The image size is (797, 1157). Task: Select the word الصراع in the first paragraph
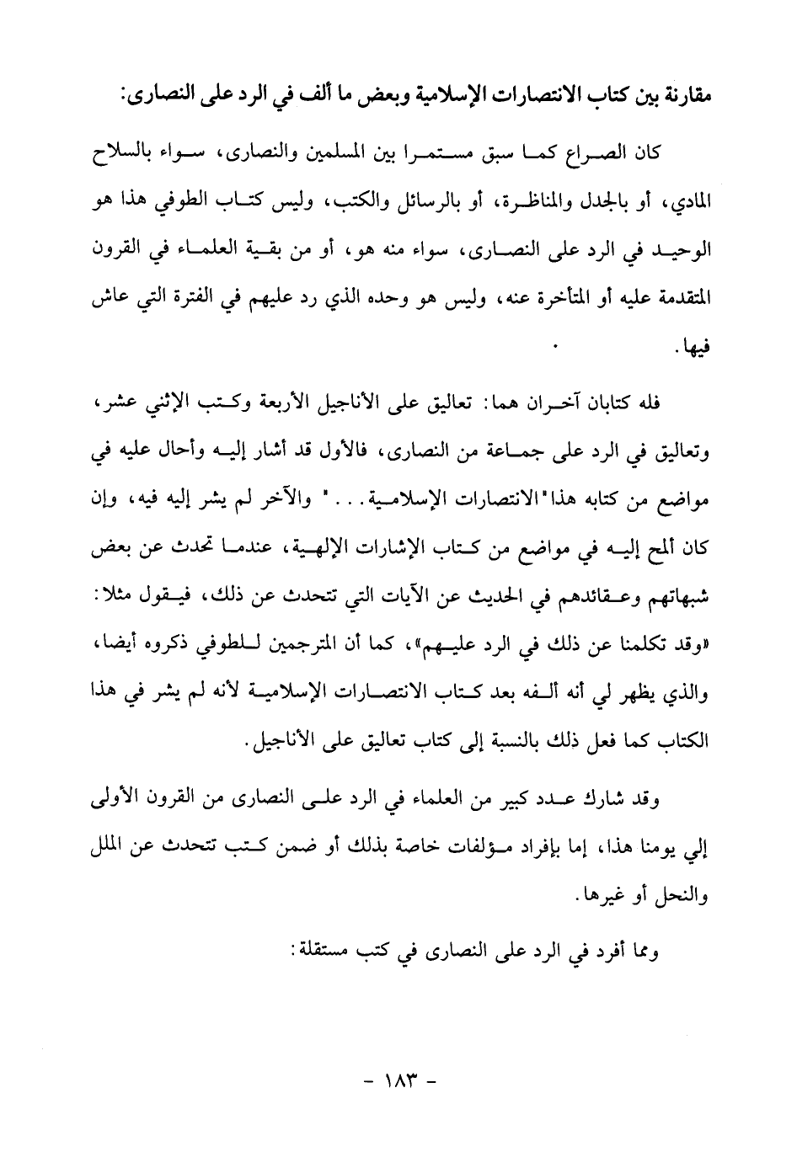[x=596, y=155]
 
